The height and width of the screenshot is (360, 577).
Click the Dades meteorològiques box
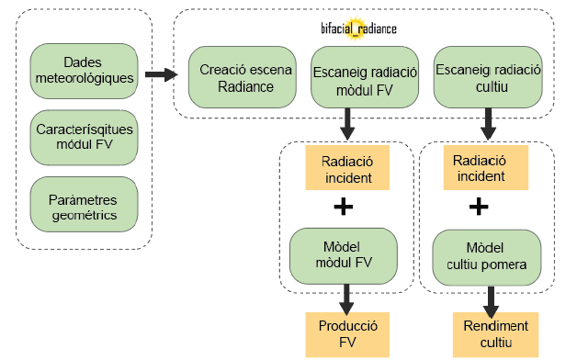[x=84, y=71]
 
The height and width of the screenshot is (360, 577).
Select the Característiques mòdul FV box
[x=84, y=138]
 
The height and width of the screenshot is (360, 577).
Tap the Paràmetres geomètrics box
[x=84, y=204]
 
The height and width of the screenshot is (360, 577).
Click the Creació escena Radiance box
[x=243, y=77]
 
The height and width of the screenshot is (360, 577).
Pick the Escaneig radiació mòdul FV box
[x=365, y=77]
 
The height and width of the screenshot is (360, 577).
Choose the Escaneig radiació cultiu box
[x=488, y=77]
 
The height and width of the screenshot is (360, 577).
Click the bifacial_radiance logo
[x=358, y=28]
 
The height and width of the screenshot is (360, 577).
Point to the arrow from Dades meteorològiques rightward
[x=162, y=74]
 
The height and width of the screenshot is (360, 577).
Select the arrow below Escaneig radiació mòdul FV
[x=347, y=124]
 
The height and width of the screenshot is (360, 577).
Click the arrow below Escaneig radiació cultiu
[x=488, y=124]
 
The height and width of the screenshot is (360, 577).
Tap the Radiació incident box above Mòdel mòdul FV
[x=347, y=168]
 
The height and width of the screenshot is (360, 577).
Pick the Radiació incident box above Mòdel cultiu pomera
[x=486, y=168]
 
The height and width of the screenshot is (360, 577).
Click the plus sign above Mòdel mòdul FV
[x=344, y=207]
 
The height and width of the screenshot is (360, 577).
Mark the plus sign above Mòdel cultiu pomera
[x=479, y=207]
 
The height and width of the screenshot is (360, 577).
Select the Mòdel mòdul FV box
[x=344, y=256]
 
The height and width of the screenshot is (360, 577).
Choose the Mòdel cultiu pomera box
[x=486, y=257]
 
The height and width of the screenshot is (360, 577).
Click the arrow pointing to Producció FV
[x=346, y=299]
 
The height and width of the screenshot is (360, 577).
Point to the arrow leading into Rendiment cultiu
[x=491, y=302]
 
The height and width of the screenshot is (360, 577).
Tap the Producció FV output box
[x=347, y=334]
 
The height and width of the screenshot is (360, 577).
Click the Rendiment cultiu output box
[x=495, y=334]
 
